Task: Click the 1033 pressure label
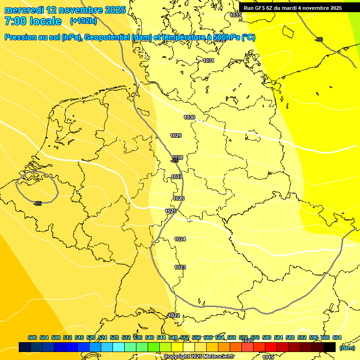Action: [235, 15]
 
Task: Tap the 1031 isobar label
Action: [209, 60]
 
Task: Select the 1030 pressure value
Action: [189, 117]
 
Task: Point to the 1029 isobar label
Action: [176, 135]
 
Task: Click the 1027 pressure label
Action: [177, 177]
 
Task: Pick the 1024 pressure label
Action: [180, 239]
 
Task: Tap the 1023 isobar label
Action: [180, 267]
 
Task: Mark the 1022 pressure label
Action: [174, 315]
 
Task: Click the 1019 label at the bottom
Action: [268, 357]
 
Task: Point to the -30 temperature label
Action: [319, 39]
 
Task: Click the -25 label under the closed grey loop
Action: [38, 203]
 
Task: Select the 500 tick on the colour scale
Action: [32, 337]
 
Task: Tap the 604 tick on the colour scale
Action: [337, 337]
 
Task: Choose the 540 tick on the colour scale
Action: [150, 337]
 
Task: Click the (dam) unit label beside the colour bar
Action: [347, 348]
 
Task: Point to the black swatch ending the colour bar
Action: [330, 347]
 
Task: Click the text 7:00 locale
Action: [33, 21]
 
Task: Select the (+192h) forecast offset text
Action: [83, 21]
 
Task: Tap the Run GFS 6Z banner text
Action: [292, 8]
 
